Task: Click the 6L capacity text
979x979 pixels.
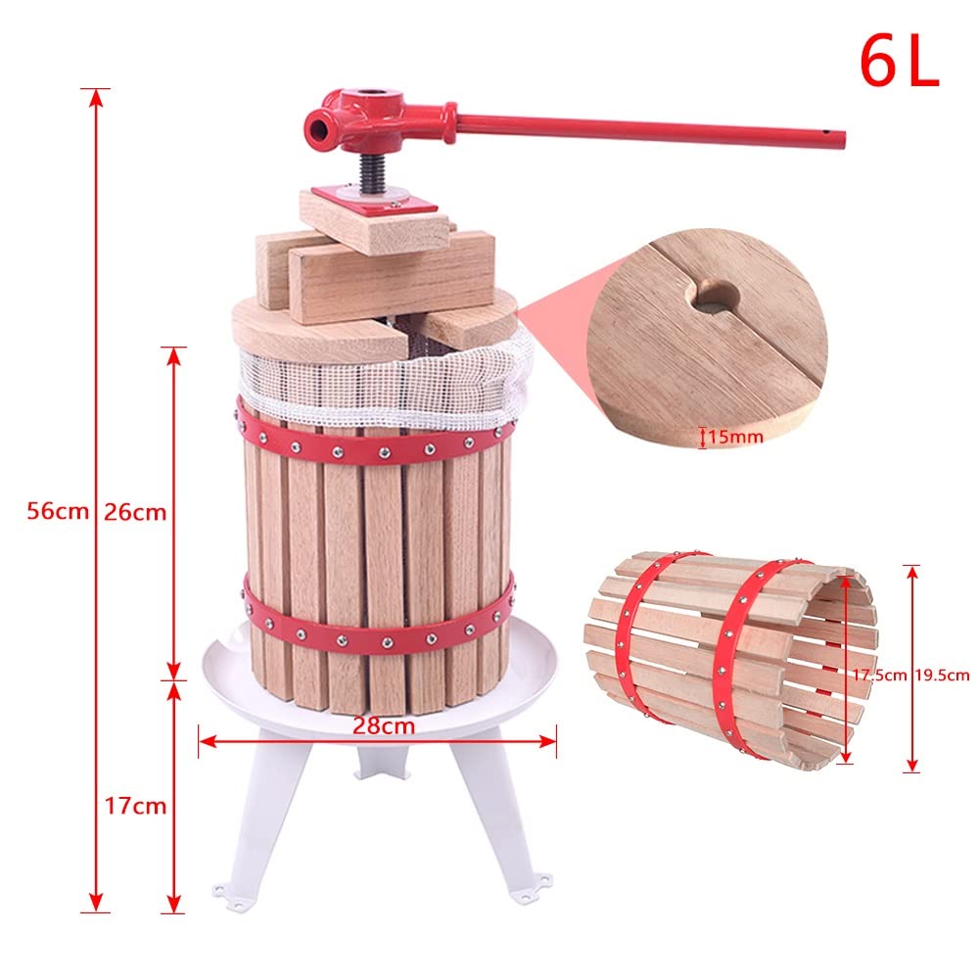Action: click(x=899, y=61)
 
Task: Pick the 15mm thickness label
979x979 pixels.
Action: click(x=734, y=437)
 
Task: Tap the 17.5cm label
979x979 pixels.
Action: click(x=878, y=674)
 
